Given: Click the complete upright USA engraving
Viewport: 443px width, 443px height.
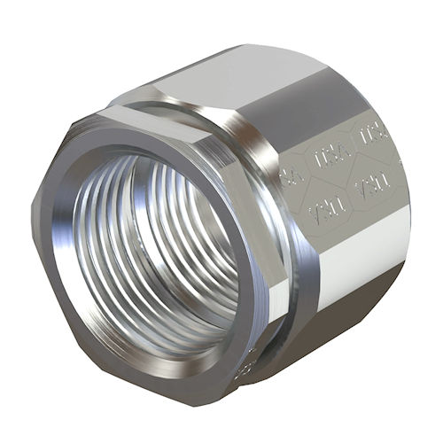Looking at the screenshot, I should pyautogui.click(x=330, y=156).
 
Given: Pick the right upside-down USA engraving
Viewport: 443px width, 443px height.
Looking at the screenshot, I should pyautogui.click(x=373, y=185).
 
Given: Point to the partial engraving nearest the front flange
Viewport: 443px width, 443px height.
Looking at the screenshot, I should pyautogui.click(x=289, y=176).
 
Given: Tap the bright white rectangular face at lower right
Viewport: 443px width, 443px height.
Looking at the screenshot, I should pyautogui.click(x=363, y=266).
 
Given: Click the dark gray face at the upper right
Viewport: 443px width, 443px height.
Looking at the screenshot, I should pyautogui.click(x=346, y=89).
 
